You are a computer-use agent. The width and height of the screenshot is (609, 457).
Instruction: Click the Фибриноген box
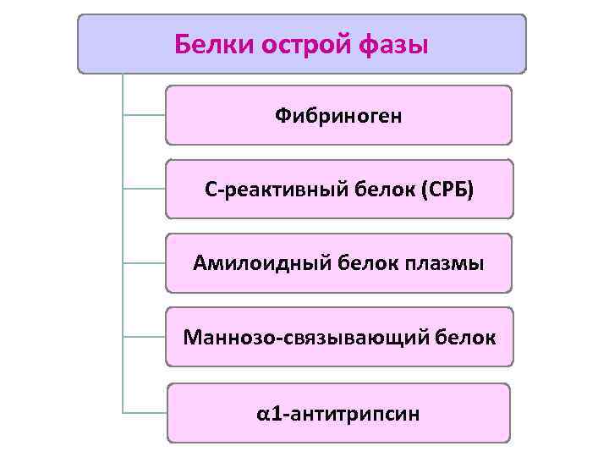coord(338,115)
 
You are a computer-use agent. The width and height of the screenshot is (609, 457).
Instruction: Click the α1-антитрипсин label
coord(338,413)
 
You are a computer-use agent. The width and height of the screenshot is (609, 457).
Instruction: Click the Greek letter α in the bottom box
coord(263,414)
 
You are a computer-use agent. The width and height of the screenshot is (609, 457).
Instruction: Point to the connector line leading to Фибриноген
coord(144,114)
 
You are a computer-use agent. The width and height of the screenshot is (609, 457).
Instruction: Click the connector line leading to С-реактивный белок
coord(144,189)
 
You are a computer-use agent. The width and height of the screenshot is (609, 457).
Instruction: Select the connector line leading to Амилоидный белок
coord(144,263)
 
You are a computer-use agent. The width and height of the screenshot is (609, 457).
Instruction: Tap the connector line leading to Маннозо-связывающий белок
coord(144,338)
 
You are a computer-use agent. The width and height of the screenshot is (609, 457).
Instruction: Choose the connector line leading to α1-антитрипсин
coord(144,412)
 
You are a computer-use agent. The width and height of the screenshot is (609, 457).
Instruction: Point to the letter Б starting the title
coord(181,43)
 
